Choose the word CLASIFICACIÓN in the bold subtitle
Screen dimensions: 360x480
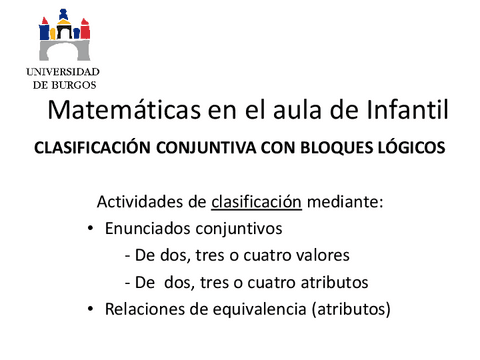coord(95,147)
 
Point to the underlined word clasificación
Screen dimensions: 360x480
coord(257,203)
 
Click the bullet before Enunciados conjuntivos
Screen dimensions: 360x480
coord(92,229)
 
